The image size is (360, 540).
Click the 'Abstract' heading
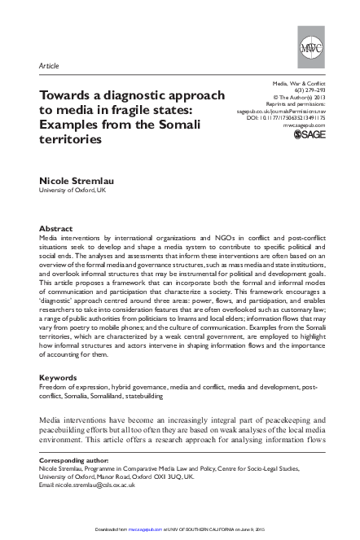(x=56, y=229)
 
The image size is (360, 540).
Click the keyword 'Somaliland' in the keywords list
(x=104, y=396)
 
